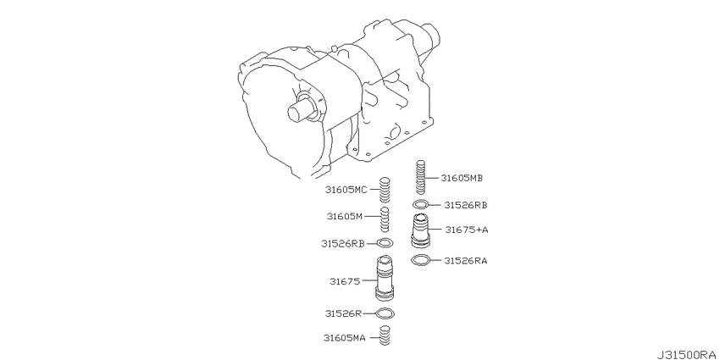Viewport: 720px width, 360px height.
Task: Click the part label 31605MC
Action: coord(346,190)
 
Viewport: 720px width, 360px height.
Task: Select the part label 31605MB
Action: coord(462,178)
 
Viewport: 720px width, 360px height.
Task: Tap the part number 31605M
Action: coord(345,216)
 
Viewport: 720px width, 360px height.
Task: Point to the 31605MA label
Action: coord(345,339)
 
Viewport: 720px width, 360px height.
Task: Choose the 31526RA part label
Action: coord(466,261)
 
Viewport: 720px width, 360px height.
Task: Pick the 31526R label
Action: coord(343,313)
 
